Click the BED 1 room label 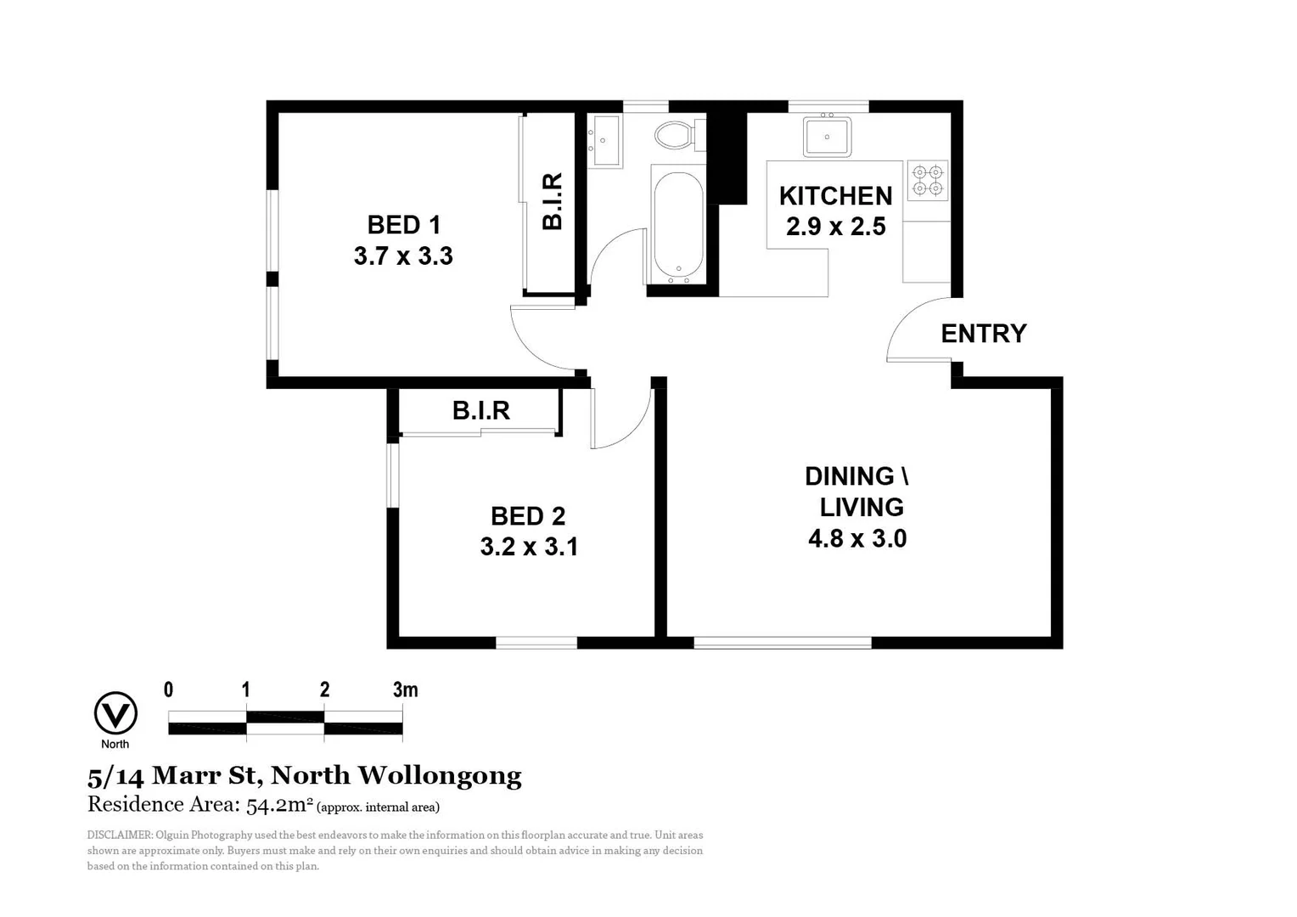(x=403, y=225)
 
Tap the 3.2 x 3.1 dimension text (x=529, y=547)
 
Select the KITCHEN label (x=835, y=196)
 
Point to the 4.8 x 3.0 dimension (x=857, y=539)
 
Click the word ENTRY (x=983, y=334)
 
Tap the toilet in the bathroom (x=677, y=134)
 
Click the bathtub (x=678, y=225)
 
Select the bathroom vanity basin (x=604, y=140)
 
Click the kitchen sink (x=827, y=137)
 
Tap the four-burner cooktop (x=927, y=180)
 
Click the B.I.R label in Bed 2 (x=480, y=411)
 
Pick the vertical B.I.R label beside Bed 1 (x=552, y=202)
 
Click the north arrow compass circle (x=115, y=713)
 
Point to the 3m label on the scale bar (x=405, y=689)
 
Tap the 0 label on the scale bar (x=168, y=689)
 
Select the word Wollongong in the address (x=439, y=775)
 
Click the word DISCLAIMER (x=119, y=835)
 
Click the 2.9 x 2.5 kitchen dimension (x=835, y=227)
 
